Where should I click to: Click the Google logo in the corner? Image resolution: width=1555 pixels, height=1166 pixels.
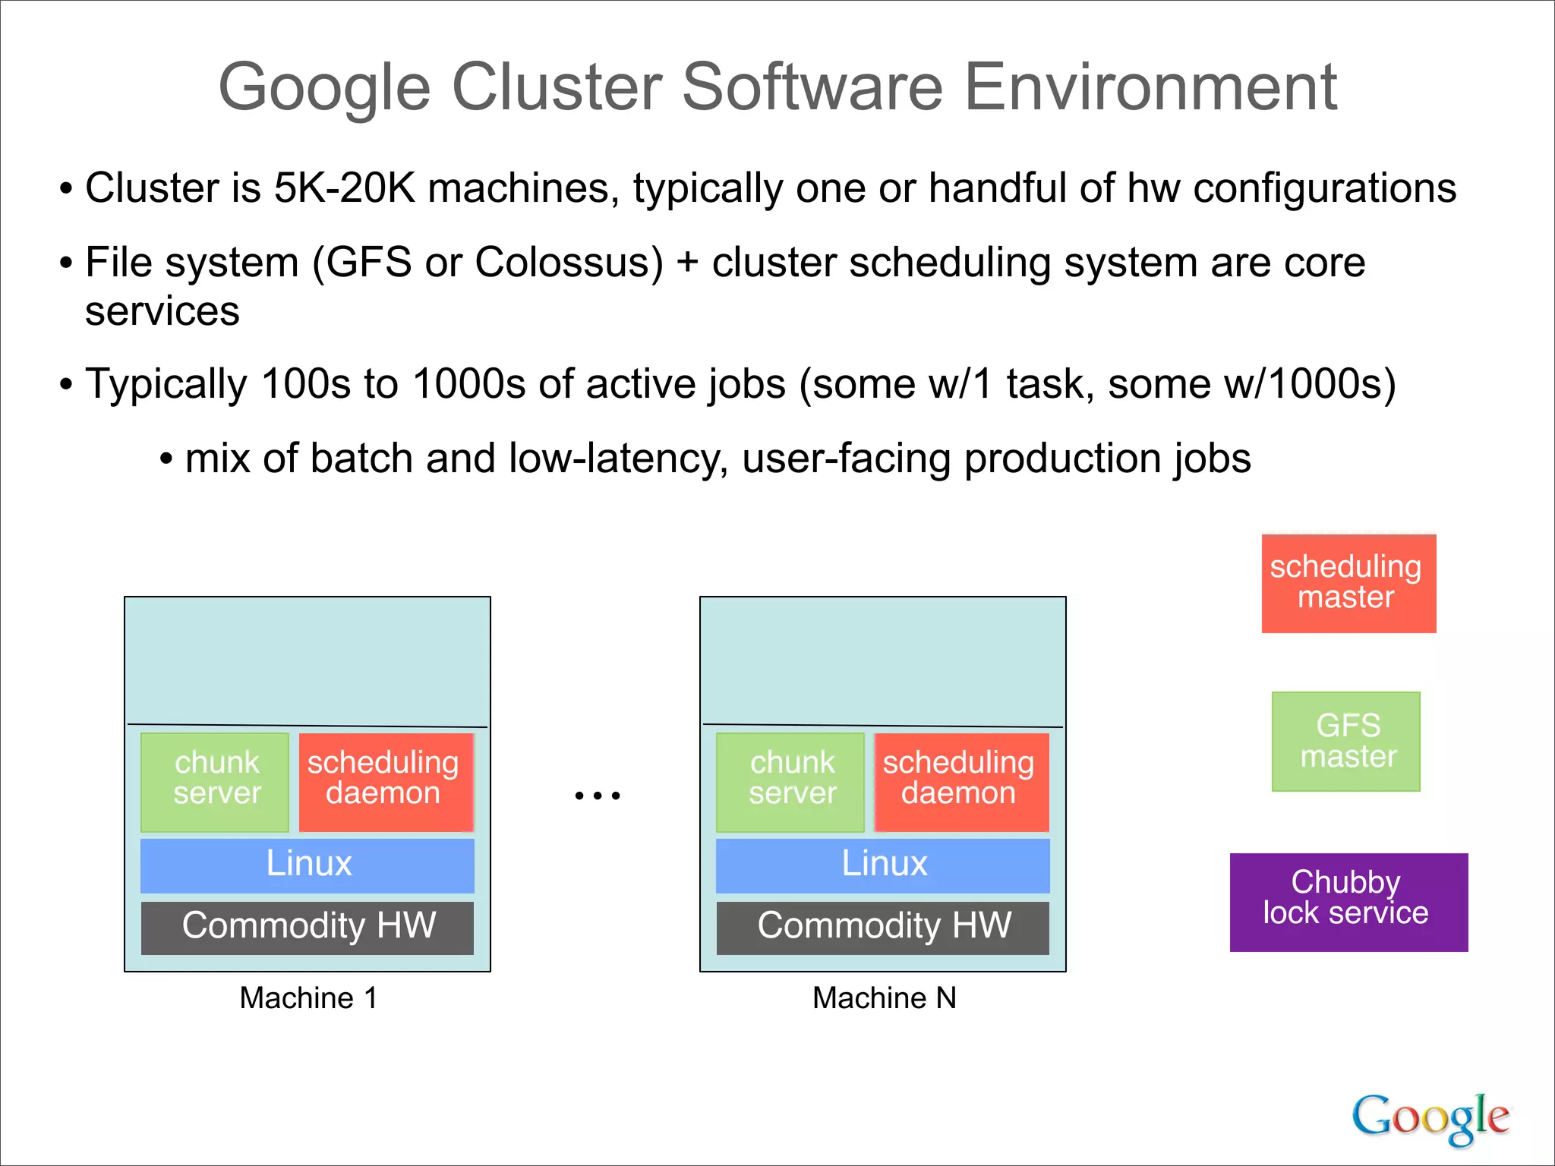[x=1430, y=1117]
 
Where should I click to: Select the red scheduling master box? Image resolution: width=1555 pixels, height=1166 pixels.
[x=1348, y=583]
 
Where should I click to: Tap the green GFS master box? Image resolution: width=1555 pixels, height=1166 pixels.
[x=1345, y=741]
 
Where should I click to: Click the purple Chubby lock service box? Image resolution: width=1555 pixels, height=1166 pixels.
[x=1348, y=902]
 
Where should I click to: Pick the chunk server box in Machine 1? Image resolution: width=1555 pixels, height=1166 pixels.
[x=215, y=781]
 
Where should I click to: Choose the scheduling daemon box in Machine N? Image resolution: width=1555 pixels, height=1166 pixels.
[x=960, y=781]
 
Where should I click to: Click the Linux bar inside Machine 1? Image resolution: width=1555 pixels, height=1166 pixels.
[x=308, y=865]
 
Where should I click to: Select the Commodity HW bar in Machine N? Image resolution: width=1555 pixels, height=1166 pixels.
[x=882, y=927]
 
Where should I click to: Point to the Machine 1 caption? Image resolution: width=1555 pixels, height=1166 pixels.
[x=308, y=997]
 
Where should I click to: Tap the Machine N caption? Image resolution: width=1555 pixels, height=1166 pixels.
[x=884, y=997]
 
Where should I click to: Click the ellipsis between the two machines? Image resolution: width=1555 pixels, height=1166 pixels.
[x=598, y=796]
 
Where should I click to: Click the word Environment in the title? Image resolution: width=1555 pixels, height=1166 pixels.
[x=1150, y=88]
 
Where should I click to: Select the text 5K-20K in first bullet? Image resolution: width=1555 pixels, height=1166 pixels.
[x=344, y=188]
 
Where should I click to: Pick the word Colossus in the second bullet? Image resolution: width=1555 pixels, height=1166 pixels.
[x=568, y=263]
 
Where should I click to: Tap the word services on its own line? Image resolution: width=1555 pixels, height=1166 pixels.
[x=162, y=311]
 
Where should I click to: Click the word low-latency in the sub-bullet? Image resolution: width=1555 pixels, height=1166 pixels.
[x=613, y=459]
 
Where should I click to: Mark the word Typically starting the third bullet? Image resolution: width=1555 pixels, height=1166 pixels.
[x=166, y=384]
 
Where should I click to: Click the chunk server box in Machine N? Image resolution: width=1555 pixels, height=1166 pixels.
[x=790, y=781]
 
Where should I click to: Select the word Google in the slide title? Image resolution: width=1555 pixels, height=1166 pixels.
[x=324, y=88]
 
